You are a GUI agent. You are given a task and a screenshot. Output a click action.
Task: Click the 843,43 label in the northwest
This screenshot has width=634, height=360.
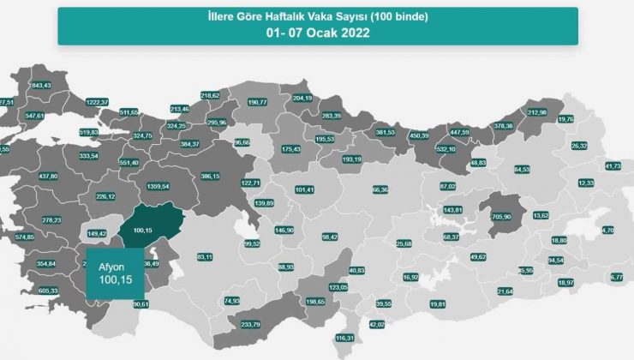pyautogui.click(x=41, y=85)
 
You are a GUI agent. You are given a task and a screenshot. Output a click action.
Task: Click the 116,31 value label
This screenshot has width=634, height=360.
pyautogui.click(x=345, y=339)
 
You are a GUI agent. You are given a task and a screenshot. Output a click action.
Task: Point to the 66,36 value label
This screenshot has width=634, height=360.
pyautogui.click(x=380, y=189)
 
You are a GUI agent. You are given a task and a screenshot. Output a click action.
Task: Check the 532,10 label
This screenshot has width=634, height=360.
pyautogui.click(x=446, y=148)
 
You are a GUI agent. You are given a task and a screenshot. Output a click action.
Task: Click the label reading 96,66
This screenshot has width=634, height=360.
pyautogui.click(x=242, y=141)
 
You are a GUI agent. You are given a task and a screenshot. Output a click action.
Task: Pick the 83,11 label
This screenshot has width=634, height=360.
pyautogui.click(x=204, y=256)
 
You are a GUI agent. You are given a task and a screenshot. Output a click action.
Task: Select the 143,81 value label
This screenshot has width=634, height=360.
pyautogui.click(x=452, y=209)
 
